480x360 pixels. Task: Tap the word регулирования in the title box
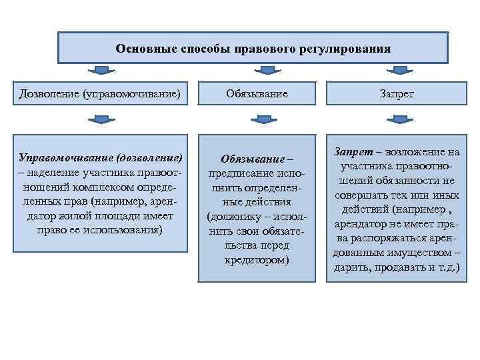click(x=347, y=49)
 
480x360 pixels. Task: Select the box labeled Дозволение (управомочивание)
click(x=100, y=94)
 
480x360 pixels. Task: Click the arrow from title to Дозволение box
click(x=100, y=70)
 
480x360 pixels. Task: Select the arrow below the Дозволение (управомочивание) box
click(x=100, y=119)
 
